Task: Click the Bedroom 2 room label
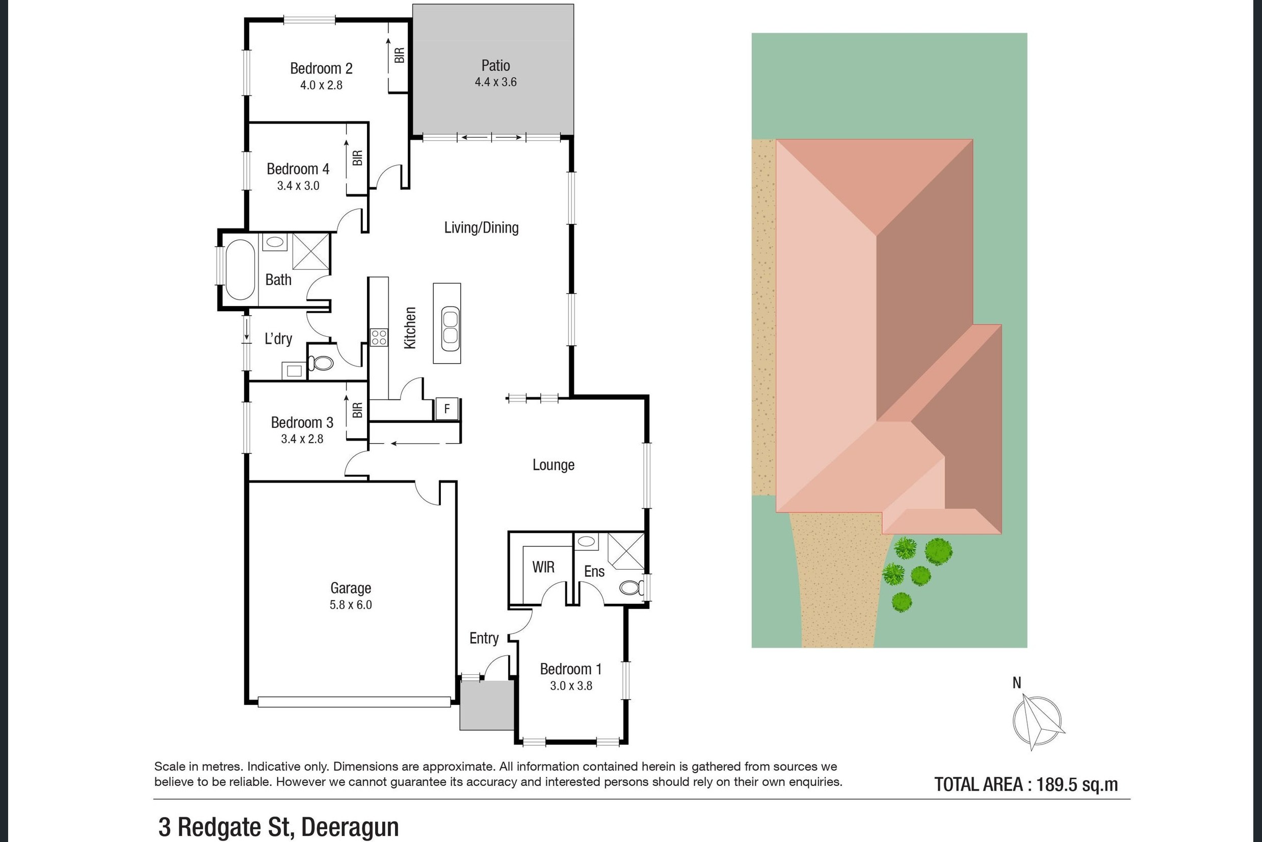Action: tap(321, 69)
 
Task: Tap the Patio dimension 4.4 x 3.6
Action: tap(495, 82)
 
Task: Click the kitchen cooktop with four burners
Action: tap(379, 337)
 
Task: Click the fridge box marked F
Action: tap(446, 409)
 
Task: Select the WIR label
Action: tap(543, 567)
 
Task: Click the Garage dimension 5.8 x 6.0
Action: tap(350, 605)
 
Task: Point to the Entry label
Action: tap(484, 638)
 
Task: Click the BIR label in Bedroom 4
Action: tap(357, 158)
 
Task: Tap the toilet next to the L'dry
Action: tap(323, 364)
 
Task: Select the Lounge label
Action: tap(553, 465)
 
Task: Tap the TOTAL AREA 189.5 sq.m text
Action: tap(1026, 784)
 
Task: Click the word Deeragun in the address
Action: tap(350, 827)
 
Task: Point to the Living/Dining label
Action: tap(481, 227)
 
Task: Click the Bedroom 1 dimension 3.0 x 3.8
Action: tap(571, 686)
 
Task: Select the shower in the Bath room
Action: tap(310, 251)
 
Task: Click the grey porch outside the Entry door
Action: tap(487, 705)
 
